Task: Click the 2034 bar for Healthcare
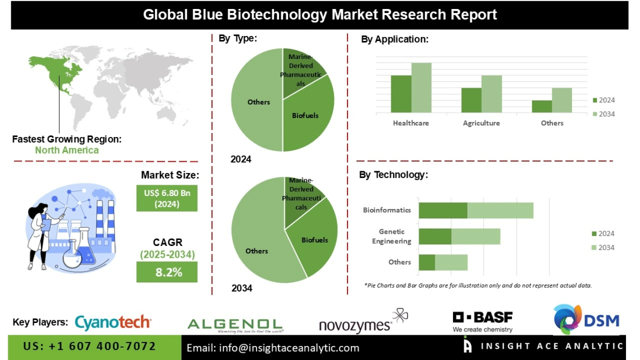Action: tap(421, 88)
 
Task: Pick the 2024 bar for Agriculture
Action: tap(472, 100)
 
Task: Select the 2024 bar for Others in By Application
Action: tap(542, 107)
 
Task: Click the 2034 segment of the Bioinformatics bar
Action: tap(500, 211)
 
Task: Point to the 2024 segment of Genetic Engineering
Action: tap(435, 236)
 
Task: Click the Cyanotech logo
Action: tap(113, 322)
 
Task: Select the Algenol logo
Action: tap(235, 325)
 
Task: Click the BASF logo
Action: tap(482, 321)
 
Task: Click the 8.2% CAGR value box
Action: tap(167, 273)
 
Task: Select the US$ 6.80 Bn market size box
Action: tap(167, 198)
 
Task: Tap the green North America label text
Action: tap(67, 151)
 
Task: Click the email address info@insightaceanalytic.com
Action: tap(273, 348)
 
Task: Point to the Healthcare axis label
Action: tap(410, 123)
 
